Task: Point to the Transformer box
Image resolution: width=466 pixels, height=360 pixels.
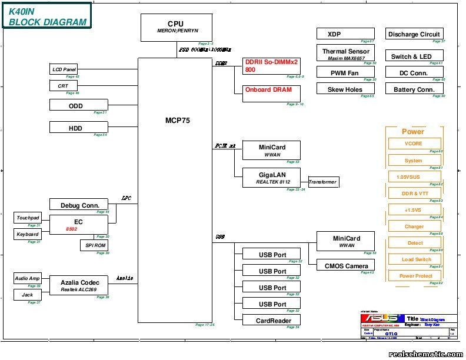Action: tap(322, 182)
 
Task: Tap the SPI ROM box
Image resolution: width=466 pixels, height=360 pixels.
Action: tap(94, 245)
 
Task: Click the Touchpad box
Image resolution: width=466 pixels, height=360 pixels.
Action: tap(27, 218)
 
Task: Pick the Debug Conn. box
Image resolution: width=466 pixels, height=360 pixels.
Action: tap(79, 205)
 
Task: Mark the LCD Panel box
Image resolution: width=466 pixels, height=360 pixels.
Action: tap(64, 69)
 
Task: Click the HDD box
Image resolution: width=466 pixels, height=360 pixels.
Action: tap(79, 128)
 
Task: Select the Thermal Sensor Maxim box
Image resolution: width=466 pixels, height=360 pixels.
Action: tap(345, 54)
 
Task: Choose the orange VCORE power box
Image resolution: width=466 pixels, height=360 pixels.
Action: tap(414, 144)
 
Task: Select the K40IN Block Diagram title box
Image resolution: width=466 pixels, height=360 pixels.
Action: tap(48, 16)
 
